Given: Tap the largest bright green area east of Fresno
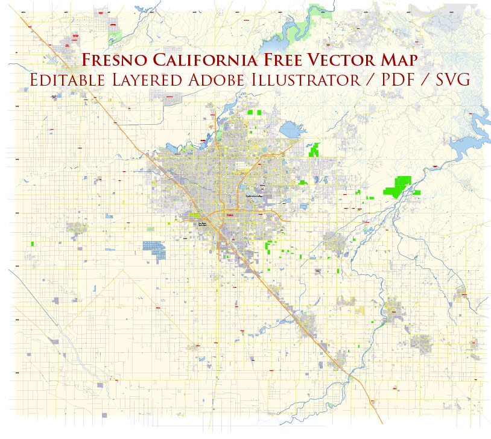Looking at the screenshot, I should [398, 186].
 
